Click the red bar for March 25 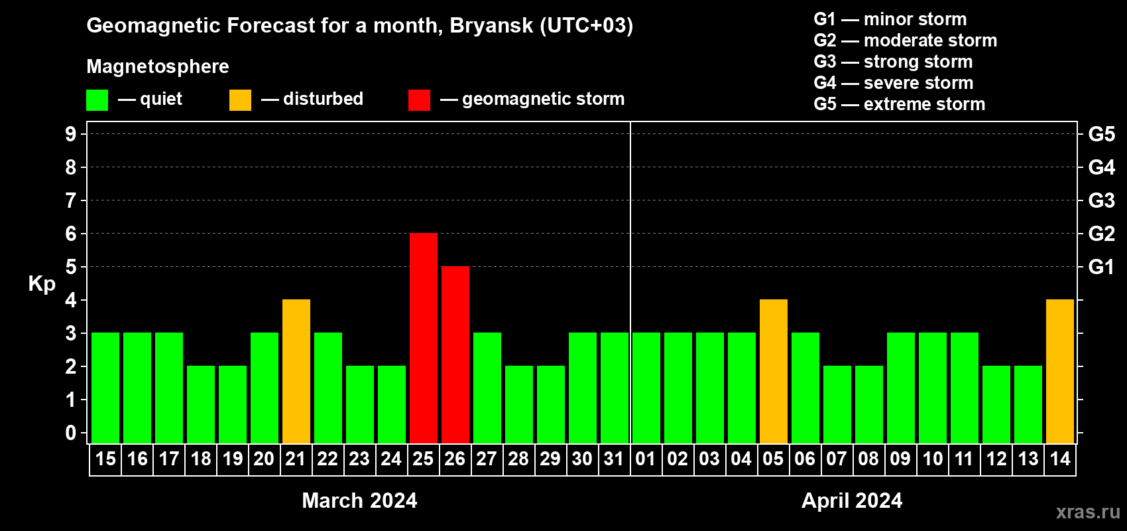[x=424, y=338]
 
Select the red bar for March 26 [x=455, y=354]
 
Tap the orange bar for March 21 [x=296, y=371]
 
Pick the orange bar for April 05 [x=774, y=371]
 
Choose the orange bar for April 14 [x=1060, y=371]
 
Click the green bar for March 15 [x=105, y=388]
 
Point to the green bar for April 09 [x=901, y=388]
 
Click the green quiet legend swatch [x=97, y=100]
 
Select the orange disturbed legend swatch [x=240, y=100]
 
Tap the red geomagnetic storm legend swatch [x=420, y=100]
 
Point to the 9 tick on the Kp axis [x=70, y=134]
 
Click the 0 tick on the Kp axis [x=70, y=433]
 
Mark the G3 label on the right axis [x=1102, y=200]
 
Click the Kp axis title [x=42, y=284]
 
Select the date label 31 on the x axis [x=614, y=459]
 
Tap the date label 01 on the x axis [x=646, y=459]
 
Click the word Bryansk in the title [x=491, y=26]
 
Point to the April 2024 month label [x=852, y=500]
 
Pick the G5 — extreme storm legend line [x=900, y=104]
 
